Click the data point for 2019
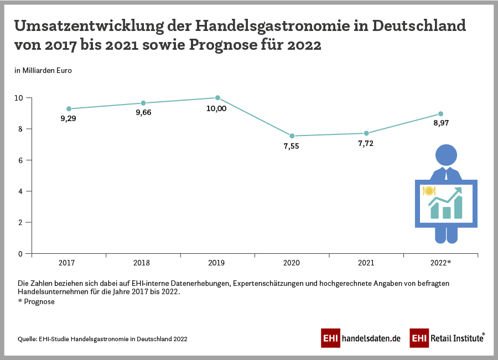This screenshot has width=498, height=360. [217, 98]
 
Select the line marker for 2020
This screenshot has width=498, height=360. [292, 136]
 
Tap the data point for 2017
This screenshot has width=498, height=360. [69, 109]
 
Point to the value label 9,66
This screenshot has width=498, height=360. [143, 113]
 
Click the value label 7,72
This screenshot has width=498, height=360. [366, 143]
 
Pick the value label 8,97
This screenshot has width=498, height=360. [440, 123]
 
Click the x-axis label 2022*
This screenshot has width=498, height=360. [441, 263]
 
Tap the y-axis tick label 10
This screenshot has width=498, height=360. [19, 98]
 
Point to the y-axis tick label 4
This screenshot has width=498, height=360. [20, 191]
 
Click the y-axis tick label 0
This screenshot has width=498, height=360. [20, 254]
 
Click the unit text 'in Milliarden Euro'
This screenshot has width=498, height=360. [43, 70]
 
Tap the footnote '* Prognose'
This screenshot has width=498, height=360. [37, 301]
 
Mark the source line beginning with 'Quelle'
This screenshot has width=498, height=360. [102, 339]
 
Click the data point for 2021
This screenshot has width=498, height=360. [366, 133]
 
